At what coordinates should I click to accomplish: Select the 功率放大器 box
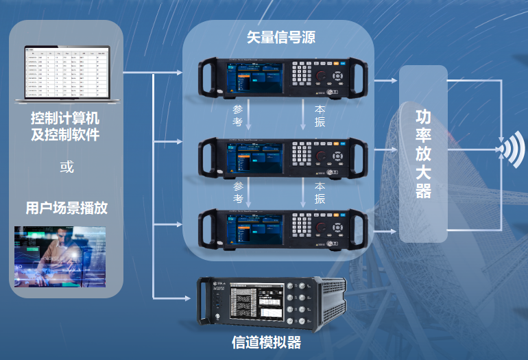pos(423,154)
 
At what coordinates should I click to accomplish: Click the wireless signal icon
pos(513,148)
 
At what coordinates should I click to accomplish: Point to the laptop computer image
pos(66,75)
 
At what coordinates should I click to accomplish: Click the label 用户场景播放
pos(67,208)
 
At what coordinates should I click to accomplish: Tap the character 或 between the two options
pos(67,167)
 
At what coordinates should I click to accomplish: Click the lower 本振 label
pos(320,192)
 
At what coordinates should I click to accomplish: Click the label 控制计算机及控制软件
pos(66,125)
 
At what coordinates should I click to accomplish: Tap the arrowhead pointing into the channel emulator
pos(189,298)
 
